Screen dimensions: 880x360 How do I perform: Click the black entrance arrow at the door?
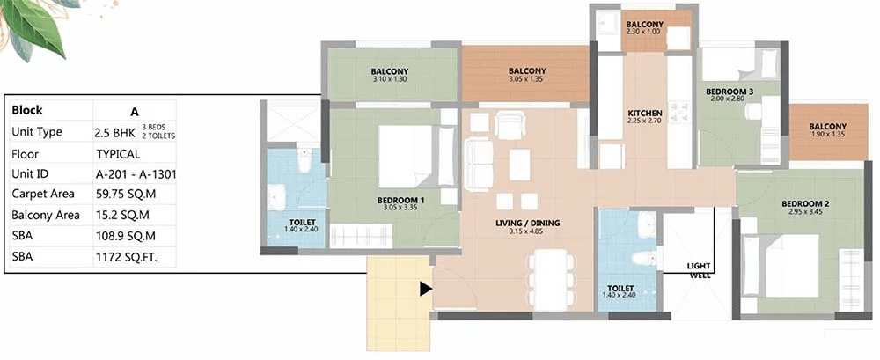pos(426,289)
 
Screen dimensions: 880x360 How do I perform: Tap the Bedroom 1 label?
pos(400,200)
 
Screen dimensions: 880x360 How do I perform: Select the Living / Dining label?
pos(527,223)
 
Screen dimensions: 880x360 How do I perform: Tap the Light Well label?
pos(699,271)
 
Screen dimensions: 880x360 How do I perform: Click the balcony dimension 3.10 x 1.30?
pos(390,79)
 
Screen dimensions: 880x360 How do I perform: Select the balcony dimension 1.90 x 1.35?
pos(828,135)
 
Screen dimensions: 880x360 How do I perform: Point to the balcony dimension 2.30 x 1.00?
pos(645,32)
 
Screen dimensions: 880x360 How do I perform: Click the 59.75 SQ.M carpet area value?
pos(126,195)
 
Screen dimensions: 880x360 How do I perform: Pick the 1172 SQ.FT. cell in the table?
pos(127,258)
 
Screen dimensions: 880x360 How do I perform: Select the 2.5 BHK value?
pos(115,132)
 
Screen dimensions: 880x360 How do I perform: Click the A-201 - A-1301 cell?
pos(136,174)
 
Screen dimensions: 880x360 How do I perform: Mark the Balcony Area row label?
pos(46,215)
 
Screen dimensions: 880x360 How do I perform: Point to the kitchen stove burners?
pos(679,114)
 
